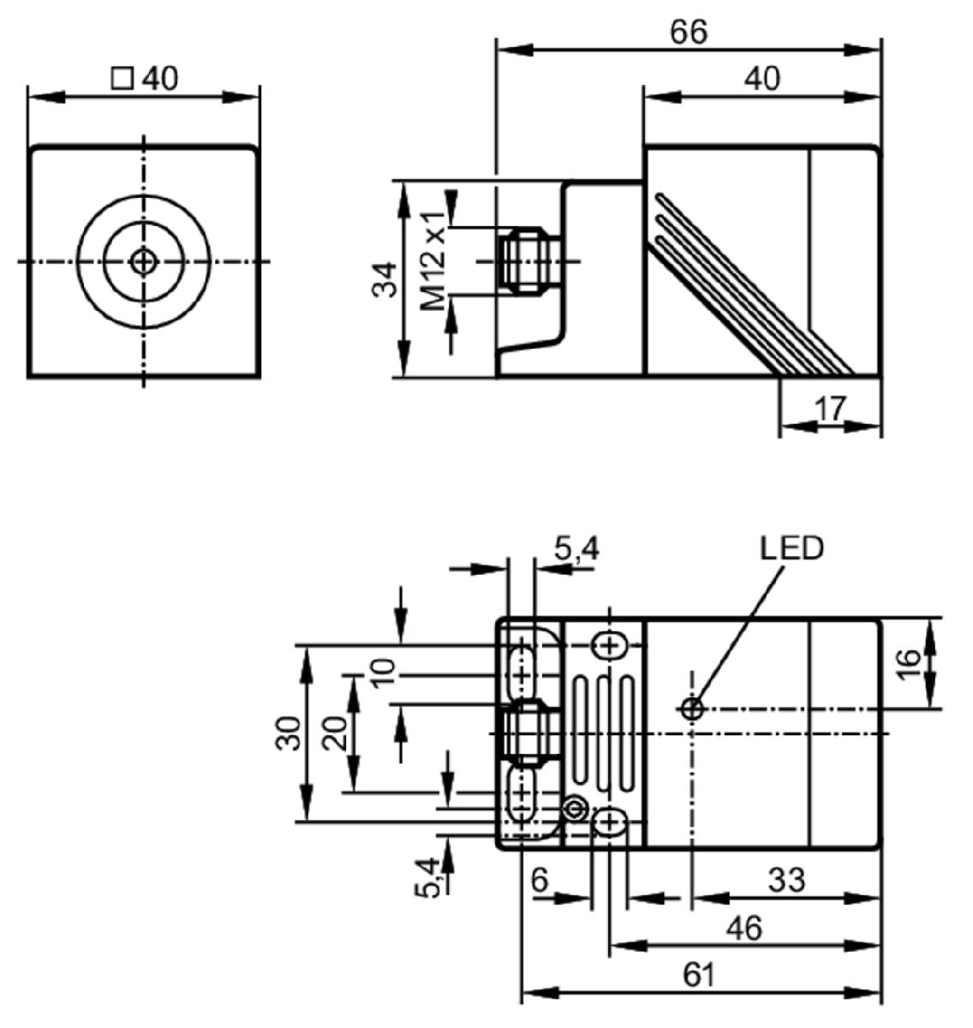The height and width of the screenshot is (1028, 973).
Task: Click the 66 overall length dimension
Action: (x=689, y=33)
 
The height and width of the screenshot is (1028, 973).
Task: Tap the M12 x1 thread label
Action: (x=433, y=261)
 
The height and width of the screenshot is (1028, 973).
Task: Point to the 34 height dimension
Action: (x=385, y=280)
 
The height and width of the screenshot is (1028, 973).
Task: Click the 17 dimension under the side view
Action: (x=830, y=409)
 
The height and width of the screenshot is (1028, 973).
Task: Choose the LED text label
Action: (x=791, y=548)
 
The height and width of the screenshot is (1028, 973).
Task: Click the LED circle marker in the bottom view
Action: (x=693, y=709)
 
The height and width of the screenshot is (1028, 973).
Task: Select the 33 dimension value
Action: (x=786, y=880)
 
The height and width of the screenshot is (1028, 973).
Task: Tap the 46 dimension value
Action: (x=744, y=929)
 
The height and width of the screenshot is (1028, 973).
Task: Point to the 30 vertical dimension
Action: (x=289, y=733)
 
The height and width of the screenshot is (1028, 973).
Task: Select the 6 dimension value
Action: (x=540, y=880)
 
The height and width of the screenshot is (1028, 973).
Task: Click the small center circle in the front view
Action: (x=143, y=261)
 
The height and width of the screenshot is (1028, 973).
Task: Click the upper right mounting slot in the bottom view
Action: (x=609, y=646)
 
